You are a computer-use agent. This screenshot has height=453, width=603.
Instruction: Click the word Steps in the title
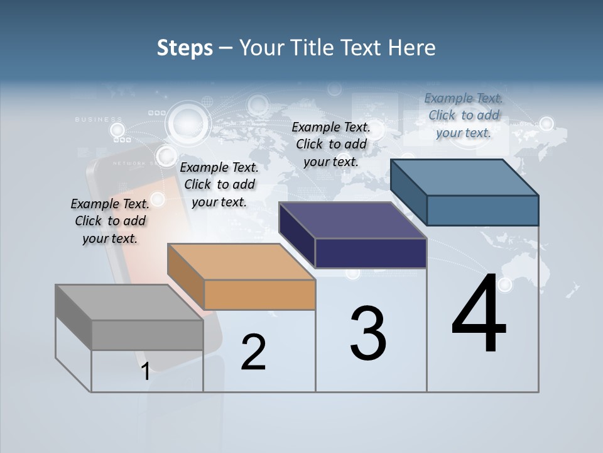tap(185, 48)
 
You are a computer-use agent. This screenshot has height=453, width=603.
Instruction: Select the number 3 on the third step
tap(368, 333)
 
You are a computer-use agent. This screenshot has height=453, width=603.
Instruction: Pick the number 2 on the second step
tap(253, 352)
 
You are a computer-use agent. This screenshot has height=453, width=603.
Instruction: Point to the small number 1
tap(145, 371)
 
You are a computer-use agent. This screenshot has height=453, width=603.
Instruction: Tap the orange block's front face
tap(259, 294)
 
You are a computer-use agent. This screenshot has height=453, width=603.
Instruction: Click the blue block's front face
tap(482, 210)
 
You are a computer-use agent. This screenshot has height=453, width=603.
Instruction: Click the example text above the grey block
tap(110, 221)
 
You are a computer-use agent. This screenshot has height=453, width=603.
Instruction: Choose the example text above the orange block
tap(219, 184)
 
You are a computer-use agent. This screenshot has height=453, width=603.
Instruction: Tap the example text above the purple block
tap(331, 144)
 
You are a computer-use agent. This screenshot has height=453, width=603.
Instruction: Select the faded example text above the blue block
tap(464, 115)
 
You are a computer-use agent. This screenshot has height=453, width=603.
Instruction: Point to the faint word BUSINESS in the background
tap(99, 119)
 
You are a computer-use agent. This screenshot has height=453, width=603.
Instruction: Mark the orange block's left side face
tap(186, 277)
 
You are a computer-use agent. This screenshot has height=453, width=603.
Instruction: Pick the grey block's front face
tap(147, 335)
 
